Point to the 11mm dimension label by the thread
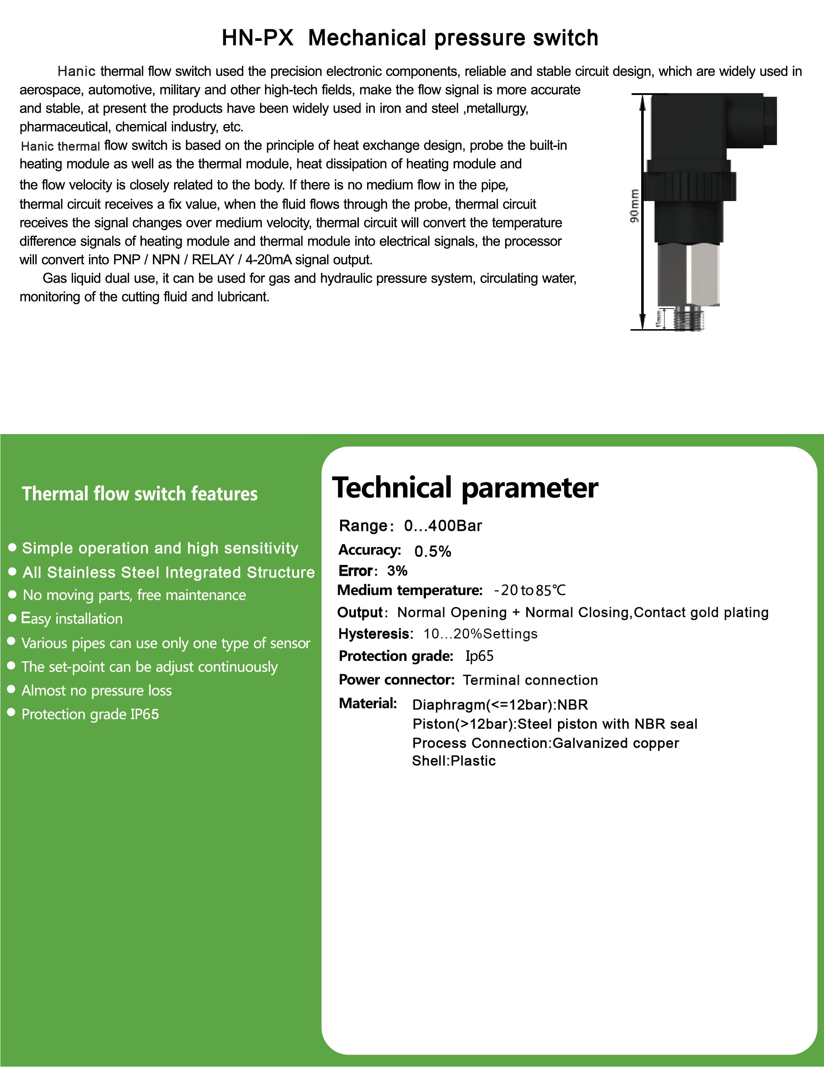coord(658,318)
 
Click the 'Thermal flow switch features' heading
coord(140,494)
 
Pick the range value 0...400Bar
coord(443,526)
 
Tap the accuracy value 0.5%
coord(433,551)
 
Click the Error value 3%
coord(397,571)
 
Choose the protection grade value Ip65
coord(479,656)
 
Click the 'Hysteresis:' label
coord(375,634)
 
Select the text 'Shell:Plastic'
coord(454,761)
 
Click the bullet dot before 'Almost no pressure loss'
coord(12,689)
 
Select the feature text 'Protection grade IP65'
coord(90,714)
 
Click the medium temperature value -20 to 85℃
coord(530,590)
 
